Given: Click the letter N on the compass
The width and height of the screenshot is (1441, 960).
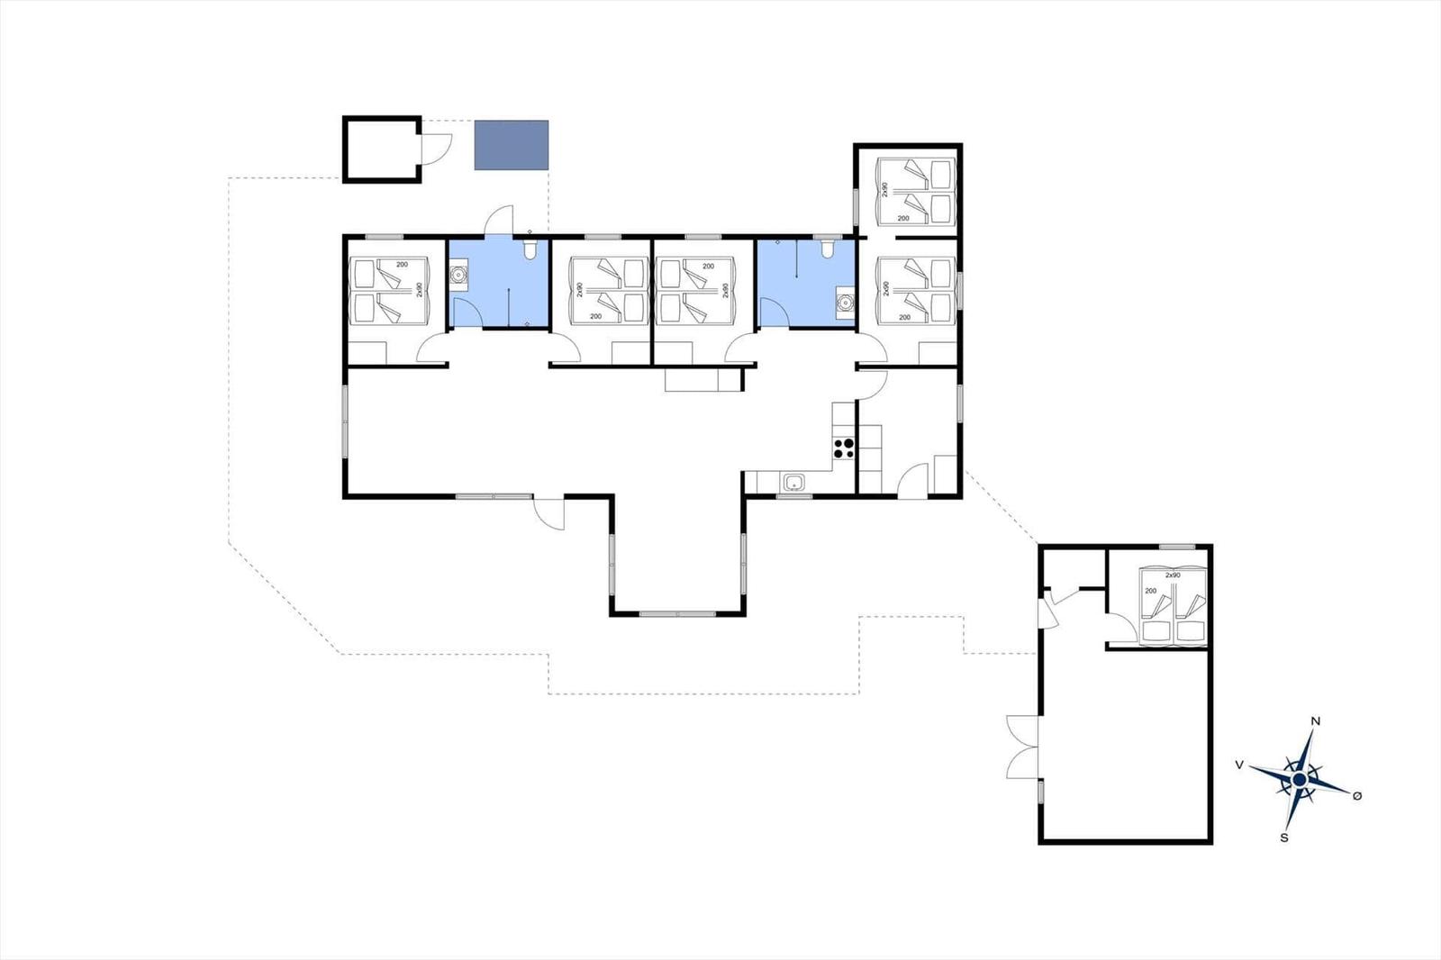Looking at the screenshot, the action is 1316,721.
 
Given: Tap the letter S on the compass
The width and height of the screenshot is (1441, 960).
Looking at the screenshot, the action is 1284,838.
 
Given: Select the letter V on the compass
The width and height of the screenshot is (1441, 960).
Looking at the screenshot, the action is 1239,765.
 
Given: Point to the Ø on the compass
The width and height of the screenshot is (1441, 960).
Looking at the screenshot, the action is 1357,796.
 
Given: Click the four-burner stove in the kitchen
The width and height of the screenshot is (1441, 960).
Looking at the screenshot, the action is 843,448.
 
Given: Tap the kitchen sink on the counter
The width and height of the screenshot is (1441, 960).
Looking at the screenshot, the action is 794,481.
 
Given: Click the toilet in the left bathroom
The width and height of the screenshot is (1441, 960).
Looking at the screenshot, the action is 530,249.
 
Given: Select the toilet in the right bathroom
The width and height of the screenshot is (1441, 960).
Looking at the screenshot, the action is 828,249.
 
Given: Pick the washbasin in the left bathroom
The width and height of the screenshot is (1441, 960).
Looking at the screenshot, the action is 458,275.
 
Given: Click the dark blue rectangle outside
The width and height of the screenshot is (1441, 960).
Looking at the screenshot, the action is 512,145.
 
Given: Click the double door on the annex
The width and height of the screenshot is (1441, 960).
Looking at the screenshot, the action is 1023,747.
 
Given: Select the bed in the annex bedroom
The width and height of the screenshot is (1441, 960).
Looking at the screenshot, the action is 1173,605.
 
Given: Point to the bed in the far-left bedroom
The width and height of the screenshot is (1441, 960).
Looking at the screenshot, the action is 388,291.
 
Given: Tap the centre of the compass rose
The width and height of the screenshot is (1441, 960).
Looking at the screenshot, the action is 1299,780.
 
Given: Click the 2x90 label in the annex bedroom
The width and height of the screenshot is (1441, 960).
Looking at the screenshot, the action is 1173,575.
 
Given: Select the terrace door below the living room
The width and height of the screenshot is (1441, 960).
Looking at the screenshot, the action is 548,512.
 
